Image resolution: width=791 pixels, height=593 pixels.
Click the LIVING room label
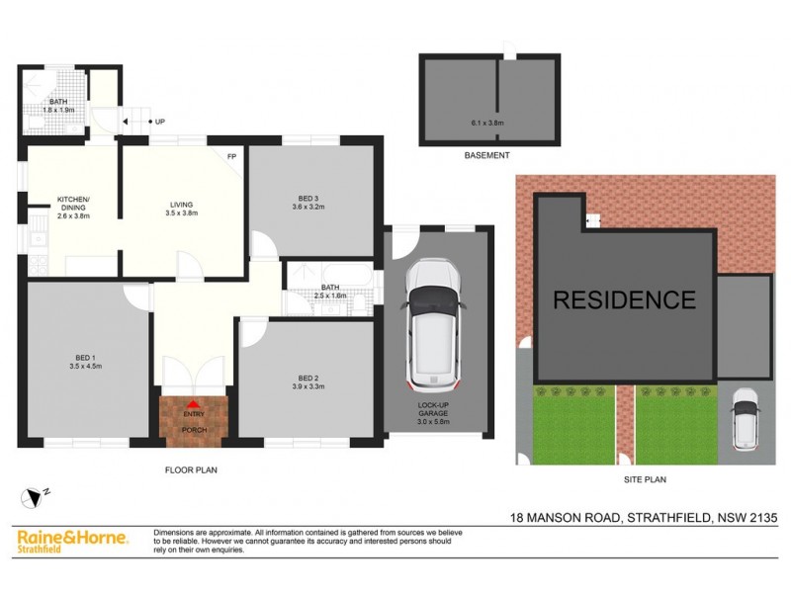tap(181, 206)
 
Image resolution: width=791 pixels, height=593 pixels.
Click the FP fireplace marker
tap(231, 156)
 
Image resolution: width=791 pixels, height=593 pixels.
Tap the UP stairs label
tap(158, 122)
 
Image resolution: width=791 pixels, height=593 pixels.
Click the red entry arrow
tap(194, 404)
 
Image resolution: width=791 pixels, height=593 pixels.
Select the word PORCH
tap(194, 430)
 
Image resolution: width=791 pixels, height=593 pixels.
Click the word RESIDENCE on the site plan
tap(623, 299)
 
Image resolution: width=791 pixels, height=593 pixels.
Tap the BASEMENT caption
tap(486, 156)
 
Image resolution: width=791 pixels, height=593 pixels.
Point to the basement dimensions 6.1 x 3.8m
tap(486, 123)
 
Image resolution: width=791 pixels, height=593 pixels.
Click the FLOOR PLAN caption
tap(191, 470)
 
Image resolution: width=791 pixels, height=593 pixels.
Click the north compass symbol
tap(34, 496)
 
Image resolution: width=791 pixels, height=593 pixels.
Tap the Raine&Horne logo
tap(72, 541)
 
